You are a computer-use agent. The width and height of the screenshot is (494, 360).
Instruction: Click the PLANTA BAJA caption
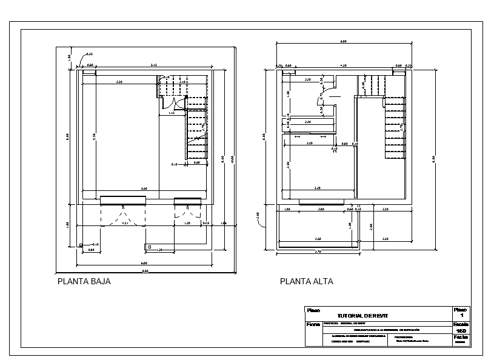(84, 281)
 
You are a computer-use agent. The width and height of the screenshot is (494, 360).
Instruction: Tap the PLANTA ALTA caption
(307, 281)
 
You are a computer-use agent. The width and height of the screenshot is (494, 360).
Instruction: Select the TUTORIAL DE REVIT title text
(361, 316)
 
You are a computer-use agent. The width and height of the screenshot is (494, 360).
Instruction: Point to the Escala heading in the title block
(461, 324)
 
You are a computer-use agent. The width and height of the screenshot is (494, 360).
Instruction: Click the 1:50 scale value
(461, 331)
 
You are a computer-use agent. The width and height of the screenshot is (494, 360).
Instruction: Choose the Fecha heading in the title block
(461, 337)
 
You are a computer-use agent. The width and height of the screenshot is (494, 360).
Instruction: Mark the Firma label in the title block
(313, 324)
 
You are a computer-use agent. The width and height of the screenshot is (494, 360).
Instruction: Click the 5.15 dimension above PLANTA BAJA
(154, 65)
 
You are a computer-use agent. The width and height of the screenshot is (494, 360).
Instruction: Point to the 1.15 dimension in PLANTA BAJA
(172, 113)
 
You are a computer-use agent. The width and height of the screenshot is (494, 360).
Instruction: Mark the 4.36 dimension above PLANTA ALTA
(343, 65)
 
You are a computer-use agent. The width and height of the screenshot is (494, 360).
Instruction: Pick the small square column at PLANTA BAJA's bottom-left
(81, 245)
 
